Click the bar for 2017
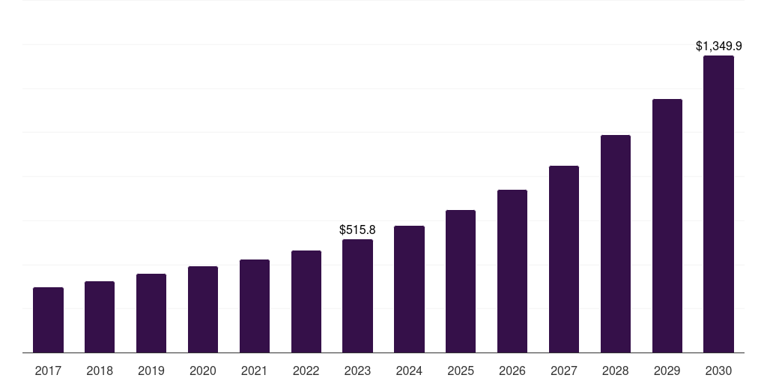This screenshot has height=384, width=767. tap(48, 320)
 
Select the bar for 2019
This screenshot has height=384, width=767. tap(151, 313)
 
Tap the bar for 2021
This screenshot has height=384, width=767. tap(255, 306)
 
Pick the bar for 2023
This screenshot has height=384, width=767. tap(357, 296)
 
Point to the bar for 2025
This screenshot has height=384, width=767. tap(461, 281)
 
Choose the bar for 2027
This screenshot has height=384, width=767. tap(564, 259)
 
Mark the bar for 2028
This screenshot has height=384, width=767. tap(616, 244)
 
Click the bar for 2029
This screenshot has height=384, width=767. tap(667, 226)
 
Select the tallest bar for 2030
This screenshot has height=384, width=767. tap(718, 204)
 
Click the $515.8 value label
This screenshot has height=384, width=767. tap(357, 229)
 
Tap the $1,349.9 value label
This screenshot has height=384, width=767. tap(718, 46)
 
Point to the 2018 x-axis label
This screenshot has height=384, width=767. tap(100, 370)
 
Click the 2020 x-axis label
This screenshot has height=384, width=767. tap(203, 370)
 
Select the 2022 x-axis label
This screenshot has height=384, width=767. tap(306, 370)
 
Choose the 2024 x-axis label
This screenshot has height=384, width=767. tap(409, 370)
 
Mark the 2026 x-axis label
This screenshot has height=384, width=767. tap(512, 370)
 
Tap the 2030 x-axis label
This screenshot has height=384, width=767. tap(718, 370)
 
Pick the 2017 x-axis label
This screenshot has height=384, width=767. tap(48, 370)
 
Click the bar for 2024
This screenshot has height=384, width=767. tap(409, 289)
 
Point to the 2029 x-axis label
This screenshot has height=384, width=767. tap(667, 370)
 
